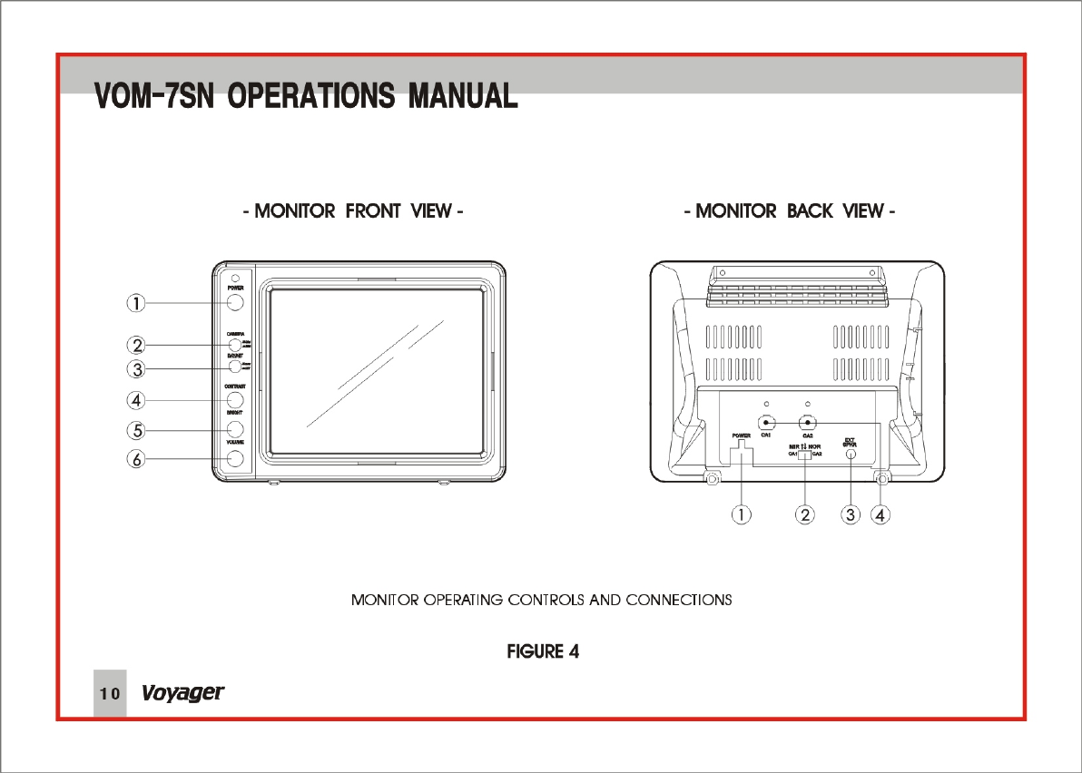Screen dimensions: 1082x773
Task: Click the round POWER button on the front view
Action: click(235, 302)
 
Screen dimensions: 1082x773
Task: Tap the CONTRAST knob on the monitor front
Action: click(235, 399)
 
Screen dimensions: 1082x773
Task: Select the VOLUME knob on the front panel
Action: click(235, 458)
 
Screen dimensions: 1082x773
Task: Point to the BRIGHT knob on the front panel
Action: click(235, 428)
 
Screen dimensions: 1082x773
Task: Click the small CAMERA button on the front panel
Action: click(234, 345)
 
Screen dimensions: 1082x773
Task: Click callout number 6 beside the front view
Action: click(134, 459)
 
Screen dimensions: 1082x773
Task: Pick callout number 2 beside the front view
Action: click(134, 345)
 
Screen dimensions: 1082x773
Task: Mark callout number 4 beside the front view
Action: click(134, 399)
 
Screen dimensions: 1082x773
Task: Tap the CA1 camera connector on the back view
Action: click(767, 423)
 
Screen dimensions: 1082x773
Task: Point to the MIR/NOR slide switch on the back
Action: click(805, 454)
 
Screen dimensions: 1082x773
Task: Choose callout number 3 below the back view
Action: click(850, 514)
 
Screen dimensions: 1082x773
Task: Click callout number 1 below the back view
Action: click(742, 514)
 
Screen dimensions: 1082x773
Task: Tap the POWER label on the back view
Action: click(742, 436)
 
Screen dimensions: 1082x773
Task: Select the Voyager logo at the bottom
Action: click(182, 694)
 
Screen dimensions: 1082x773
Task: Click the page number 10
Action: click(109, 694)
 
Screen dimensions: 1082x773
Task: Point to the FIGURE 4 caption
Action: click(542, 651)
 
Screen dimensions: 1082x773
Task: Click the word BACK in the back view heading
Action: click(811, 211)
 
